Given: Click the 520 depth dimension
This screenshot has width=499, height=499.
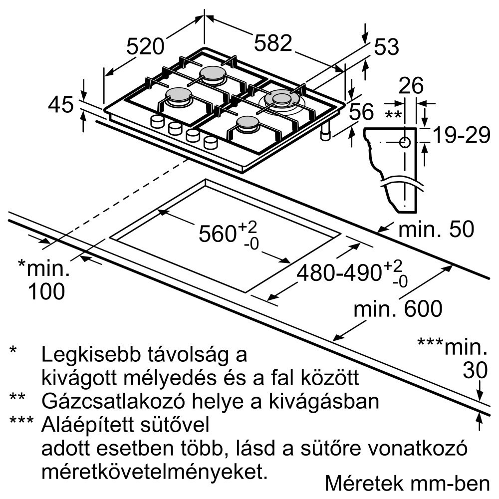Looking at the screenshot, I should (x=145, y=46).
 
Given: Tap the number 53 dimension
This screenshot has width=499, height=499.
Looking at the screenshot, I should (x=387, y=47).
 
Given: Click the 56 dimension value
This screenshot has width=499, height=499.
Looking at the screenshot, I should (x=361, y=112).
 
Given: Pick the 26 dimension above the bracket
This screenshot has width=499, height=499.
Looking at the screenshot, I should (x=411, y=86).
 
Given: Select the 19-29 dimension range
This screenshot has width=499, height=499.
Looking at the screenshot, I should (x=460, y=135).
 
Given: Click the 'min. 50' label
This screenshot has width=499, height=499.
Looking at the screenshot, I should (x=436, y=229).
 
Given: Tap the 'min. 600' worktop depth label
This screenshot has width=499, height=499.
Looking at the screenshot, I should (x=397, y=309).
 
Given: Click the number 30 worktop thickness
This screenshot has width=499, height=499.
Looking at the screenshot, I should (x=475, y=370).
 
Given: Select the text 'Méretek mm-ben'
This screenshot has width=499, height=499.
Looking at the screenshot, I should (x=407, y=483).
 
